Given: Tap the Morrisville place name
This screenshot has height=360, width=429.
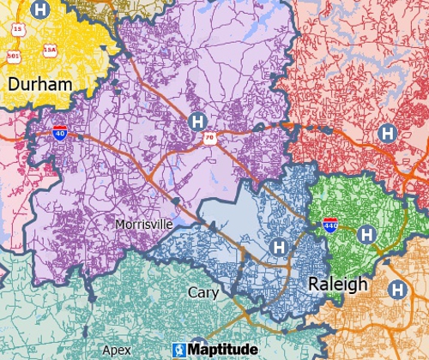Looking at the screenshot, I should (x=143, y=224).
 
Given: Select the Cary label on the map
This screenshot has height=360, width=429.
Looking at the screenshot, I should (x=203, y=293).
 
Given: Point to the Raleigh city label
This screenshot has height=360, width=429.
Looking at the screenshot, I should (x=337, y=285).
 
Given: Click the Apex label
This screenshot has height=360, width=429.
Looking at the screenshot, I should (x=117, y=351).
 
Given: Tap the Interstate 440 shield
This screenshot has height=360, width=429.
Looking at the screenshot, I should (x=329, y=225).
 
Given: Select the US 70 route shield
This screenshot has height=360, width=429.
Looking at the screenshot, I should (x=208, y=137).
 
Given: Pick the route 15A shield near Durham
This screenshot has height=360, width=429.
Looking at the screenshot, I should (x=51, y=51).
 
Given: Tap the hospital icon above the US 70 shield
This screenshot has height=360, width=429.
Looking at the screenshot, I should (x=198, y=121).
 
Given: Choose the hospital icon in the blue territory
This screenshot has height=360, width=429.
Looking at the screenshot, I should (x=278, y=247).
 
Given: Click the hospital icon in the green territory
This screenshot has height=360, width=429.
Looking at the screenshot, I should (x=366, y=233).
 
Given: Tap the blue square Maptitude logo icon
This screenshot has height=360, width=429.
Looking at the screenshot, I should (x=179, y=350).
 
